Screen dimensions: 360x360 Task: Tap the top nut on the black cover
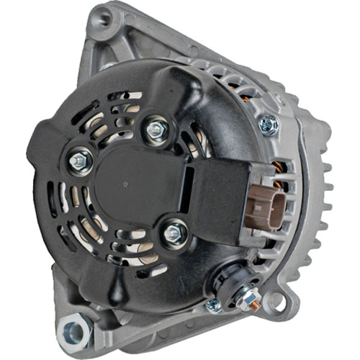[x=155, y=130]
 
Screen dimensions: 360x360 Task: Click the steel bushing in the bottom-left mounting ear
[x=77, y=333]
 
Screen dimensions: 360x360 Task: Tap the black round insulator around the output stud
[x=232, y=276]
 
